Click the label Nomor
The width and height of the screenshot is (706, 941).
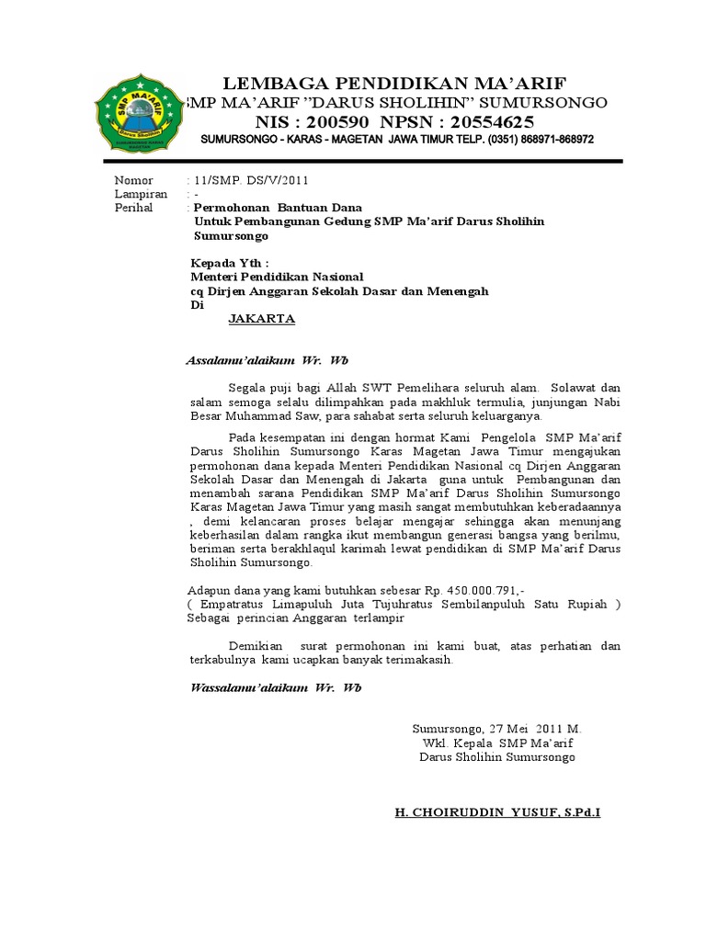(133, 180)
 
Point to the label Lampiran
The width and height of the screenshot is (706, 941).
(141, 194)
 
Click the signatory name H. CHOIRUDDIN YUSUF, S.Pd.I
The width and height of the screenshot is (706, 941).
(496, 813)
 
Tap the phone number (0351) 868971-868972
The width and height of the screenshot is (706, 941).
(524, 140)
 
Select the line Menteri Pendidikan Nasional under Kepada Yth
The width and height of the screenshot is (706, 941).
(277, 277)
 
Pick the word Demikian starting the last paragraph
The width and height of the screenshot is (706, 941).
(254, 646)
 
